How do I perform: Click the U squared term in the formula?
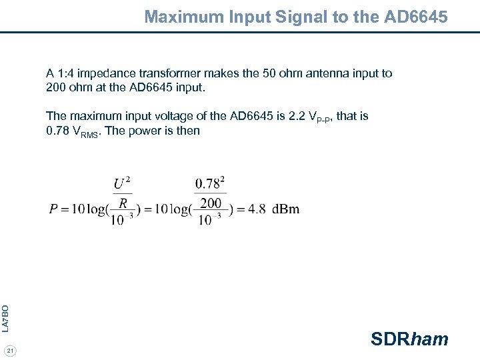[121, 183]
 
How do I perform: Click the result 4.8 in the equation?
[257, 209]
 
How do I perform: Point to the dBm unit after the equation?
[286, 209]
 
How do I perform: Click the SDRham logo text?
[409, 339]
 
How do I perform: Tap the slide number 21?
[10, 351]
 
